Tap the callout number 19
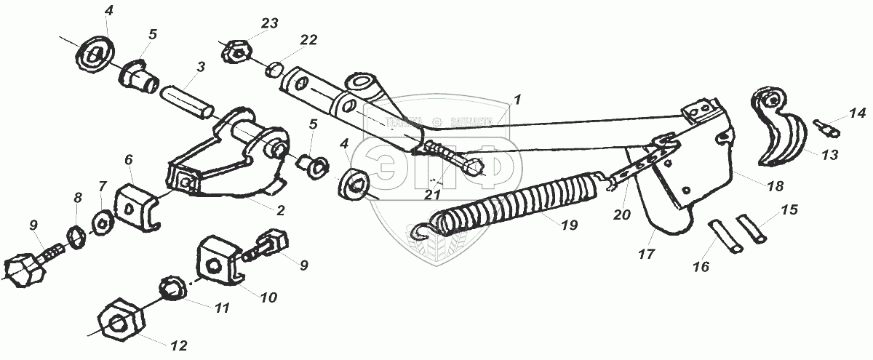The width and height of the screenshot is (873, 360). [569, 225]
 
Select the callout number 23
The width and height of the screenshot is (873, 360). [270, 23]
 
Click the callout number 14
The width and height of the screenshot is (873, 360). [857, 113]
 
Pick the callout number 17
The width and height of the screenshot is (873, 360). [647, 254]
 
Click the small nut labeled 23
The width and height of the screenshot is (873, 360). [237, 52]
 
